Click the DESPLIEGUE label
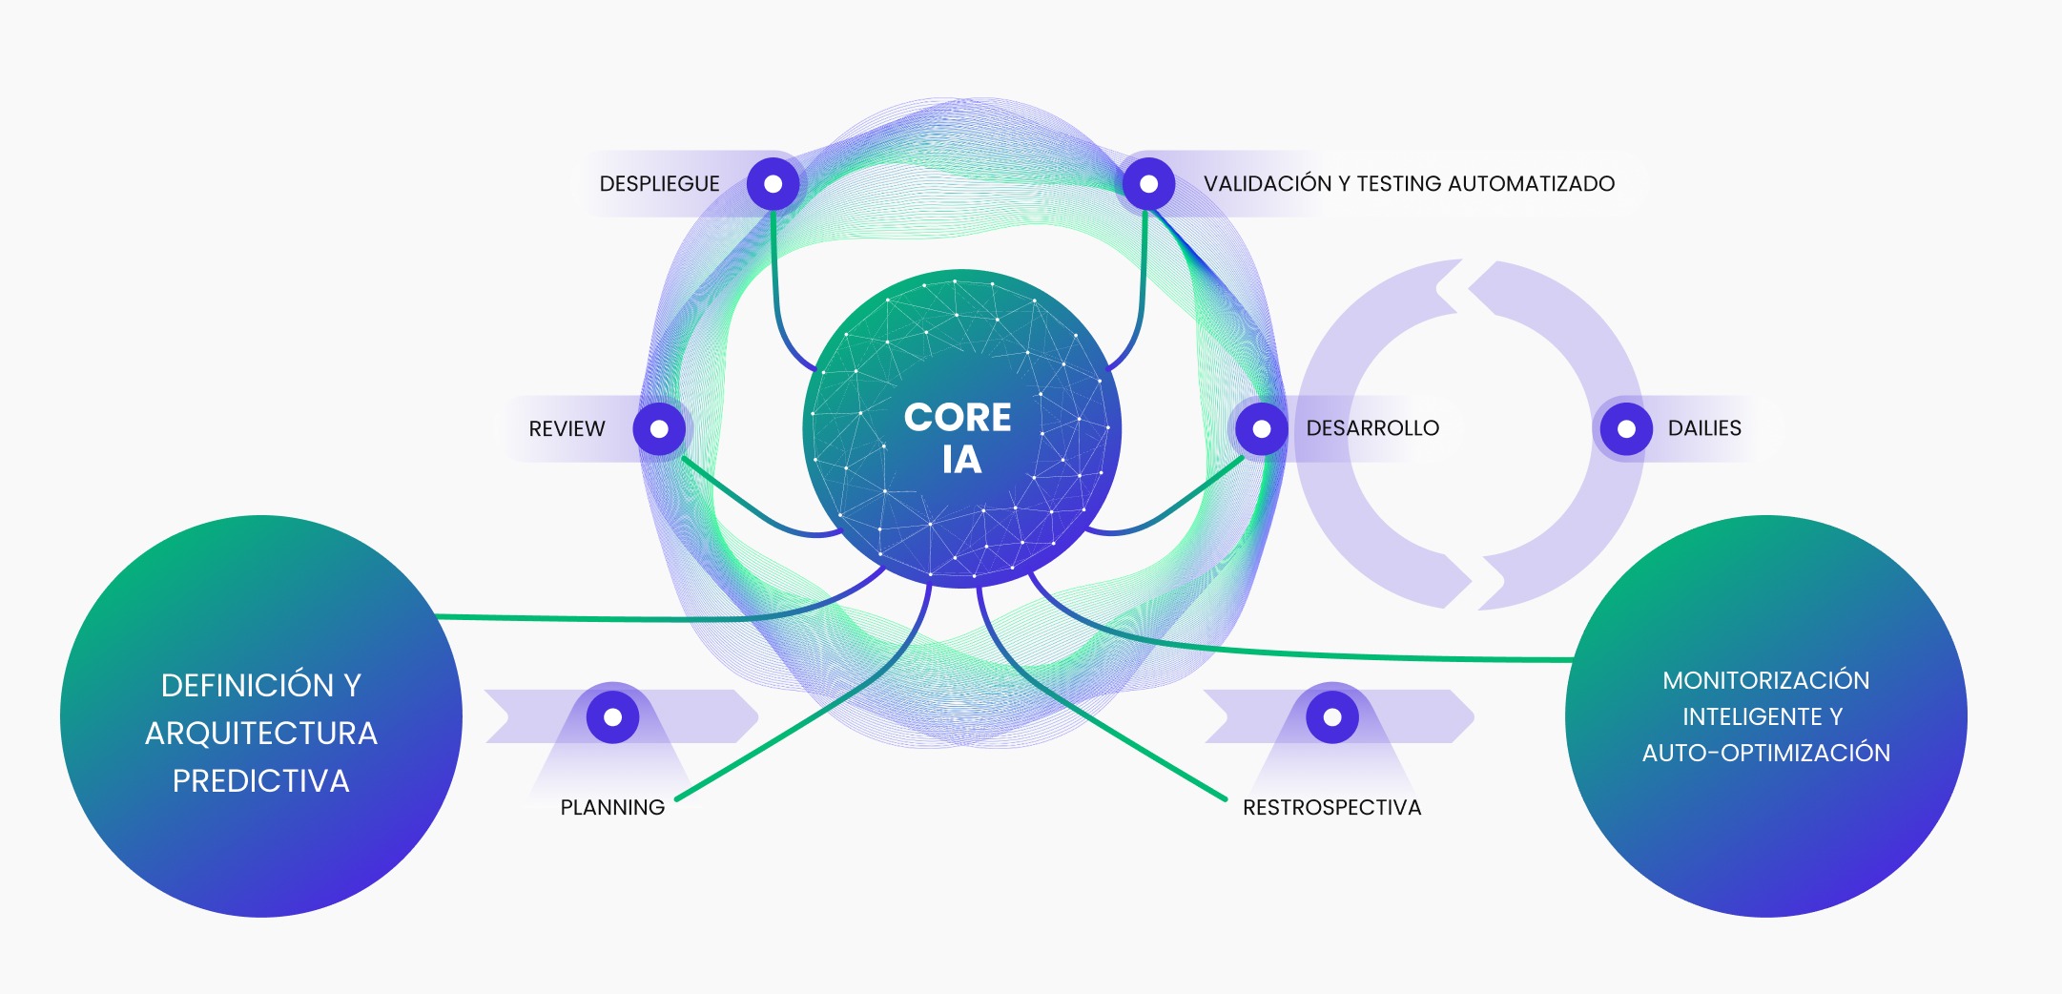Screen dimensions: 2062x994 tap(659, 184)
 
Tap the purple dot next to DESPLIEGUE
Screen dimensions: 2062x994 tap(773, 184)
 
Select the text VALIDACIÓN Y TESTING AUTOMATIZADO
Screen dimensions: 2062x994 tap(1409, 184)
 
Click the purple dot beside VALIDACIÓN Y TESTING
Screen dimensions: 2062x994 tap(1149, 184)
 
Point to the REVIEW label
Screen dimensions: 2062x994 tap(567, 429)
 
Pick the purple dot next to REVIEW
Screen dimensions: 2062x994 tap(659, 429)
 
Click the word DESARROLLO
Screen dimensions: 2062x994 tap(1372, 428)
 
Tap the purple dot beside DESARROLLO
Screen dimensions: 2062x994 tap(1262, 429)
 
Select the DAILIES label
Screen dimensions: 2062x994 tap(1704, 428)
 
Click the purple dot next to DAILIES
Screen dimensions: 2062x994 tap(1626, 429)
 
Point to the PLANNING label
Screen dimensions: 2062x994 tap(612, 808)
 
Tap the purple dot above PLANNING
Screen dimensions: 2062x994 tap(613, 716)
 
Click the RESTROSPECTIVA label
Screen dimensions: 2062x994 tap(1331, 808)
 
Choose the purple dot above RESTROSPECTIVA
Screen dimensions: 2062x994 tap(1332, 716)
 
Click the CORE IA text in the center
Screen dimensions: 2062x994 tap(959, 438)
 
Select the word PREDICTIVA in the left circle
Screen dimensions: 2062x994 tap(260, 781)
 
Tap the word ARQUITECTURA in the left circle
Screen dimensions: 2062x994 tap(260, 734)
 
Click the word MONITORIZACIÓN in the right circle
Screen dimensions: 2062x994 tap(1765, 680)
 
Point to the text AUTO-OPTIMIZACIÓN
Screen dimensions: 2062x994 tap(1765, 753)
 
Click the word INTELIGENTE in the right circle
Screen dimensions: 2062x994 tap(1752, 716)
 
